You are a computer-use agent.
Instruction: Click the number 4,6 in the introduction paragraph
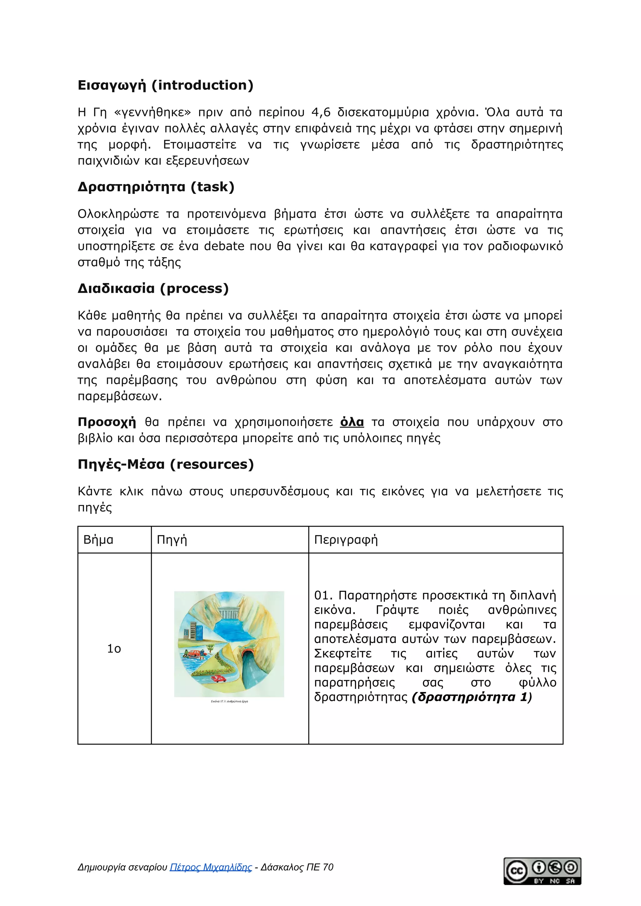click(x=321, y=113)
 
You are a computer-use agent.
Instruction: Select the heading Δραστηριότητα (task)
click(x=156, y=187)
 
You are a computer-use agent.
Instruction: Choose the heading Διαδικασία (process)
click(x=153, y=288)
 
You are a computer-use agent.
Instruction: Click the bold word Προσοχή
click(x=107, y=422)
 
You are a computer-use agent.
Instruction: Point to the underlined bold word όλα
click(x=351, y=422)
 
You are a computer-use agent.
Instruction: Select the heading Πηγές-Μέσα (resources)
click(x=166, y=464)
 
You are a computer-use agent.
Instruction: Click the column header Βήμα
click(x=98, y=539)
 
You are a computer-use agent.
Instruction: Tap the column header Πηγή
click(x=172, y=539)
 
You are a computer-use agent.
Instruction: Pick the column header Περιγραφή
click(x=346, y=539)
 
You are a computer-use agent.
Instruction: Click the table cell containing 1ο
click(x=114, y=648)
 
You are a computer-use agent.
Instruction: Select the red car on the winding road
click(x=218, y=678)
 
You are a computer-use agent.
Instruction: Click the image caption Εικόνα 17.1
click(x=229, y=701)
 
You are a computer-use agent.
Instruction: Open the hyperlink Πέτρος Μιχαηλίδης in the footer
click(x=211, y=867)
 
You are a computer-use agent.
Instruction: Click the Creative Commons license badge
click(x=542, y=871)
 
